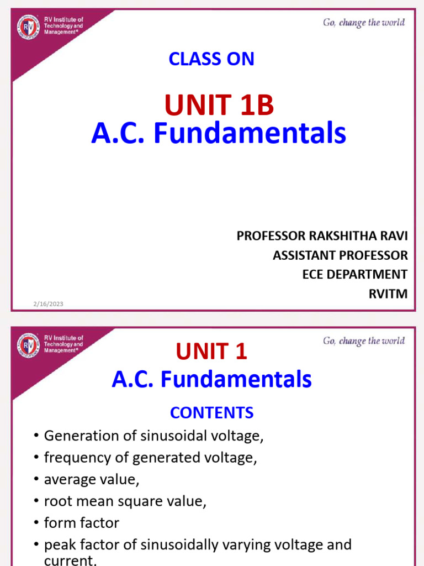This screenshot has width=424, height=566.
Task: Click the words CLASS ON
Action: pyautogui.click(x=211, y=59)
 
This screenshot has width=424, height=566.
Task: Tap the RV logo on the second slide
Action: pyautogui.click(x=28, y=345)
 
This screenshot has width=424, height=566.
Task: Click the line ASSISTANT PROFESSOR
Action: pyautogui.click(x=340, y=255)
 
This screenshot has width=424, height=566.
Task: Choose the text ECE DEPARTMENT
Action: pyautogui.click(x=354, y=275)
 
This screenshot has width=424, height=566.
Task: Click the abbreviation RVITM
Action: pyautogui.click(x=388, y=294)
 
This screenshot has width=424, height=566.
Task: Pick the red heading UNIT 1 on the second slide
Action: pyautogui.click(x=211, y=351)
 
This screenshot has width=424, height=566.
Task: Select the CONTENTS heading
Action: pyautogui.click(x=211, y=412)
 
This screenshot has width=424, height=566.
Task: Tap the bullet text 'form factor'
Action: pyautogui.click(x=82, y=522)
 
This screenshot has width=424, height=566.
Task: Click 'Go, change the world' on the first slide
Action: pyautogui.click(x=363, y=23)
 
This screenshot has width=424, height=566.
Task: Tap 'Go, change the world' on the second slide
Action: pyautogui.click(x=363, y=341)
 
